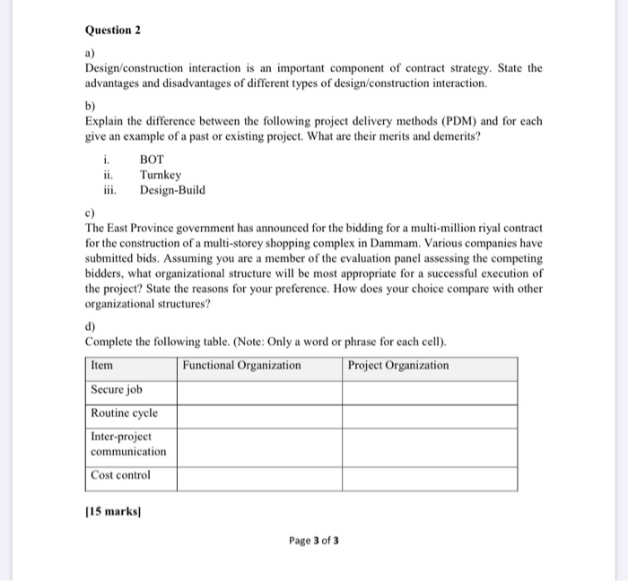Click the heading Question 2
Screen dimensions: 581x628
(x=113, y=30)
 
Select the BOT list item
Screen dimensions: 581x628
(x=153, y=160)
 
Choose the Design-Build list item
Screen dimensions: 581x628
(x=172, y=190)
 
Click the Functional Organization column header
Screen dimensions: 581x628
(x=241, y=366)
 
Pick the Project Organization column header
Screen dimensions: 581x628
(x=398, y=366)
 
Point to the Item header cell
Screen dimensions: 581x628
(x=103, y=366)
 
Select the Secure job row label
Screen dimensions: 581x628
(x=117, y=390)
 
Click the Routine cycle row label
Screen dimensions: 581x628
(x=124, y=413)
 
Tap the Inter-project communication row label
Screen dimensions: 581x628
(x=128, y=444)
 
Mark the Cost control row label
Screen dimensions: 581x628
(x=121, y=475)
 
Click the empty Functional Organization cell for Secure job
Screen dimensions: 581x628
(x=258, y=392)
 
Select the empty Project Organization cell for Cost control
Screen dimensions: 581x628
(x=429, y=478)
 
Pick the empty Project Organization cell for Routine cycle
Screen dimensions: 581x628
(x=429, y=415)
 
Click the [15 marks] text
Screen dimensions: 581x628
(x=114, y=512)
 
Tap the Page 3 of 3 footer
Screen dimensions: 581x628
(x=314, y=541)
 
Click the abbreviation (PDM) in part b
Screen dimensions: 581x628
(x=439, y=120)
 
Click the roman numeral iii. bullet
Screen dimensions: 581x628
(x=109, y=190)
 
